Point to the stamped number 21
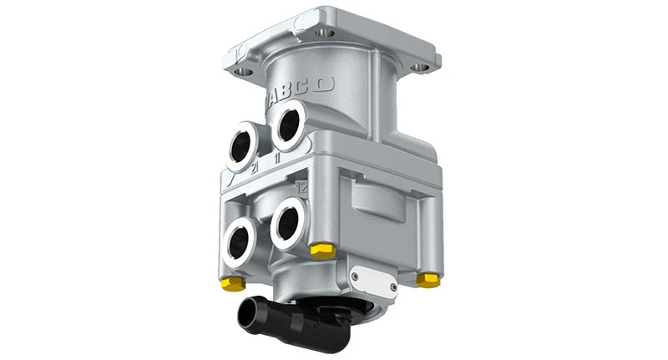tap(256, 169)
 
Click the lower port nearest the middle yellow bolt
tap(289, 221)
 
